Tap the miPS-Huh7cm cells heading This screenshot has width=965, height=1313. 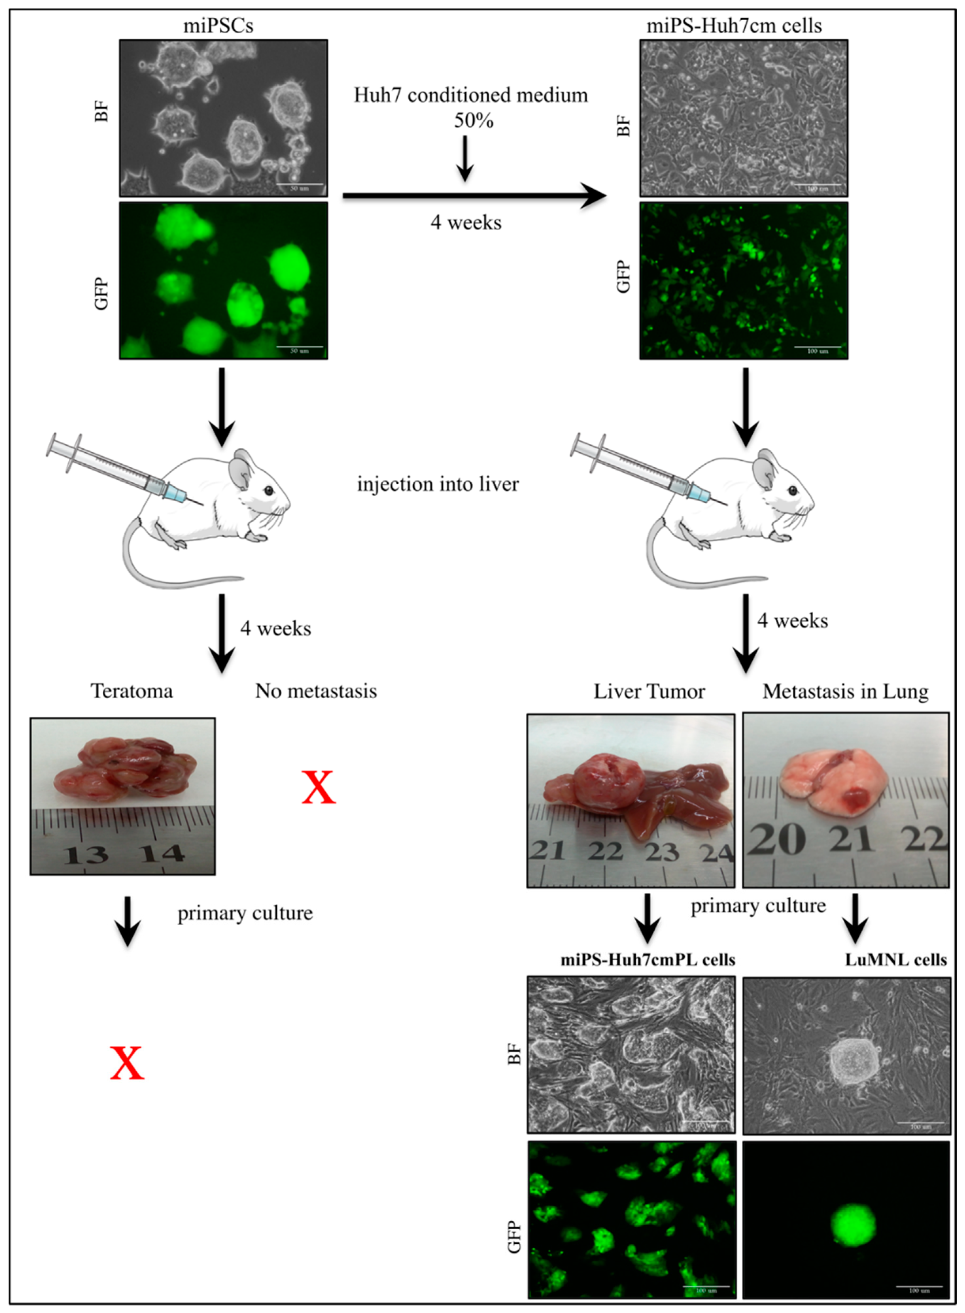[x=734, y=26]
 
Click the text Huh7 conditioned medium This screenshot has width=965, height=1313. [x=471, y=95]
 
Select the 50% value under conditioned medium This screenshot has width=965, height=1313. [x=473, y=120]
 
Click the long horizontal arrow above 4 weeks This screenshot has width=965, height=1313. [x=473, y=197]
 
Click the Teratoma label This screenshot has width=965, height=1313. [x=132, y=691]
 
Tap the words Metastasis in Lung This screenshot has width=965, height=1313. [x=845, y=691]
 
